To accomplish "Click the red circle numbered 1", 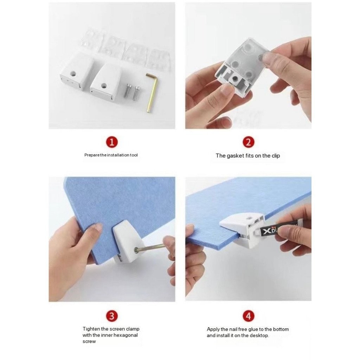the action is click(x=112, y=142).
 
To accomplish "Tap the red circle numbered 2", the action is click(x=249, y=142).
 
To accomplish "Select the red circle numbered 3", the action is click(x=112, y=316).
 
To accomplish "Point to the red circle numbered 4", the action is click(x=249, y=316).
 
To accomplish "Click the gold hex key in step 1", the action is click(x=152, y=92).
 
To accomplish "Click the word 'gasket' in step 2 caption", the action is click(x=235, y=156).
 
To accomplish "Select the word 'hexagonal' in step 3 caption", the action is click(x=126, y=335).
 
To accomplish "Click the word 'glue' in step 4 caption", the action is click(x=253, y=329).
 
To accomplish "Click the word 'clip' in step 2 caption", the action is click(x=276, y=156).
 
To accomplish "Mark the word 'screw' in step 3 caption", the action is click(x=89, y=342).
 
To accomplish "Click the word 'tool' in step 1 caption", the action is click(x=134, y=155).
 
